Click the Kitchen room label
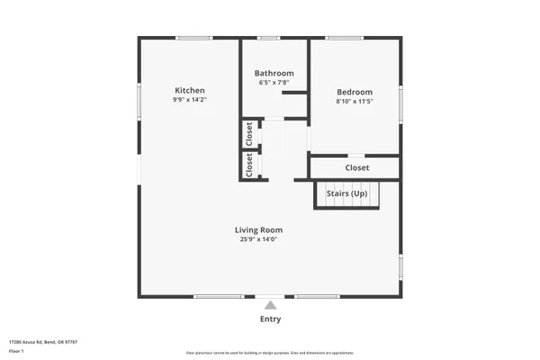[190, 90]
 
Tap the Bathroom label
[274, 73]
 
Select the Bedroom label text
[355, 92]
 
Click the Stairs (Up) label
[346, 193]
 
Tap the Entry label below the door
[270, 319]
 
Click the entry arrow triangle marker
[270, 305]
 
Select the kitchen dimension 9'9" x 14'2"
[190, 100]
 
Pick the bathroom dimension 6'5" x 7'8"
[274, 83]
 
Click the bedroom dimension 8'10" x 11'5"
[355, 102]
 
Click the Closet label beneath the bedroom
[357, 167]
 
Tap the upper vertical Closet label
[249, 134]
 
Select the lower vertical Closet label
[249, 165]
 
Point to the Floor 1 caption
[16, 351]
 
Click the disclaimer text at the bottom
[270, 352]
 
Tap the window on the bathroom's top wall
[267, 38]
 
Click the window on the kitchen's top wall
[193, 38]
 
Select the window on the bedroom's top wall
[346, 38]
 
